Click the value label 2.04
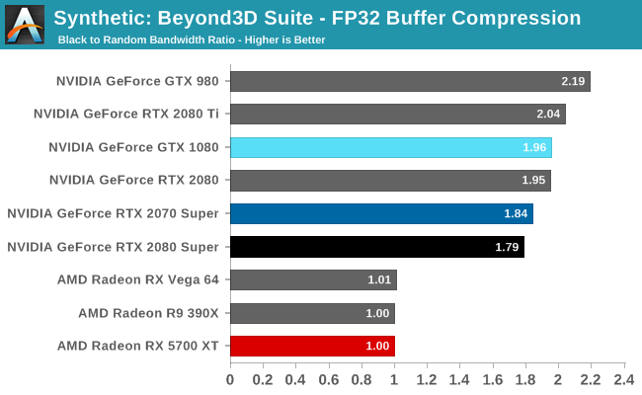[x=549, y=115]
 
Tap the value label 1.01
[x=380, y=279]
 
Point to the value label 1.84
[x=517, y=213]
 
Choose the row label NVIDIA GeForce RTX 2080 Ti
[x=126, y=114]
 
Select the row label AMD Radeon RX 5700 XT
[x=139, y=346]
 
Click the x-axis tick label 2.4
[x=624, y=378]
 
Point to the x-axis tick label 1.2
[x=427, y=378]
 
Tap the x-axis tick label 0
[x=230, y=378]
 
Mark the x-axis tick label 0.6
[x=329, y=378]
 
